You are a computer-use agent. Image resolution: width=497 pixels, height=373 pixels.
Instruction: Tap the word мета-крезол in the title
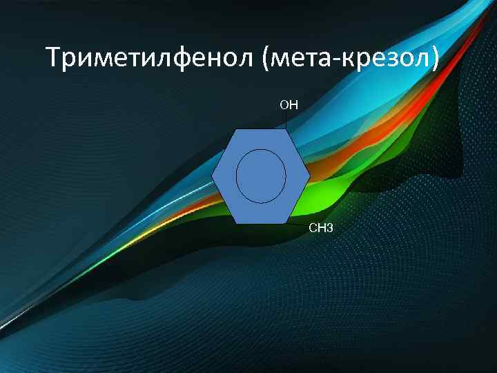pos(349,58)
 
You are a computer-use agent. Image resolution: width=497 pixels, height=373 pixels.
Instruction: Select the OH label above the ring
pos(289,105)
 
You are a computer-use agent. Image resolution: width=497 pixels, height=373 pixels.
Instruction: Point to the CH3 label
pos(320,228)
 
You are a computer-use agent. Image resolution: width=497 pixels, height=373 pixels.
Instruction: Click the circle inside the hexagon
pos(261,176)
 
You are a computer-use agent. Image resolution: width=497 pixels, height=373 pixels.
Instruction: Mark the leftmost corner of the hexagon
pos(213,176)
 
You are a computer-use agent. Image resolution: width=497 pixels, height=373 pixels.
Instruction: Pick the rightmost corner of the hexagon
pos(309,176)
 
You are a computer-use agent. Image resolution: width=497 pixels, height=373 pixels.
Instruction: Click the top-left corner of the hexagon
pos(237,129)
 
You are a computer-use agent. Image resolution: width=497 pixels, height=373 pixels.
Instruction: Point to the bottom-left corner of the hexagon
pos(237,223)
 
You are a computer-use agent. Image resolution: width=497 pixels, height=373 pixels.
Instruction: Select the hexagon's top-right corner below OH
pos(286,129)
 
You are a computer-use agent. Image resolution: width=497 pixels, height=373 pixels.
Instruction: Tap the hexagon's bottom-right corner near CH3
pos(286,223)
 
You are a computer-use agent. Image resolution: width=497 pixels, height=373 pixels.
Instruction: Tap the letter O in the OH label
pos(284,105)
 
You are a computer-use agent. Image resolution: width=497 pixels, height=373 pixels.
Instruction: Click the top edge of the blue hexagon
pos(261,129)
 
